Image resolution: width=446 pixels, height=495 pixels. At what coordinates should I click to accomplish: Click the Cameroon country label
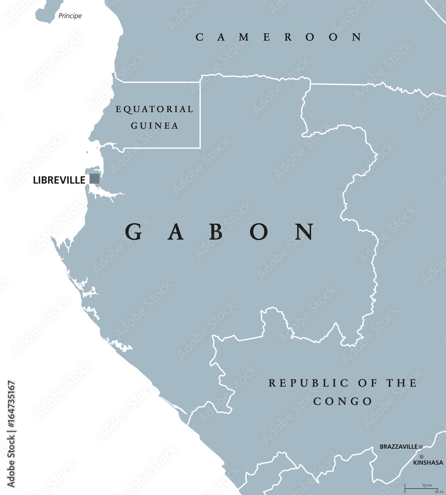coord(279,37)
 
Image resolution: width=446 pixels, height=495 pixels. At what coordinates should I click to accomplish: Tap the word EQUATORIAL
coord(154,109)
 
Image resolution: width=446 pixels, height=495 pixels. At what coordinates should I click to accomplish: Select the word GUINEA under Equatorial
coord(154,126)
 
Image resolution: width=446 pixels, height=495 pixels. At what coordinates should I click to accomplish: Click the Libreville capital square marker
coord(94,179)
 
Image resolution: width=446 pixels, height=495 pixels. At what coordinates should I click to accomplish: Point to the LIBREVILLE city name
coord(59,180)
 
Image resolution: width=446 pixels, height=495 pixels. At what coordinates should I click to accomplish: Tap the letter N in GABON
coord(305,232)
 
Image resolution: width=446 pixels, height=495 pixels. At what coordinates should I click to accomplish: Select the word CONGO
coord(342,401)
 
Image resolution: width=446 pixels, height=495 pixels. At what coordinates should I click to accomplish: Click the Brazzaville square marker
coord(421,447)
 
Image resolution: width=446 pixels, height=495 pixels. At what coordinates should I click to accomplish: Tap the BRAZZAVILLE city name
coord(399,447)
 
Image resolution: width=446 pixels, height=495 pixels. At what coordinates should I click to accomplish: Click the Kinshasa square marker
coord(421,457)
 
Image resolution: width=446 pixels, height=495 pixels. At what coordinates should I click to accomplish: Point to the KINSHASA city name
coord(428,463)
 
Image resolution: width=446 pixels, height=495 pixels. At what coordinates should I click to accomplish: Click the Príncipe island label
coord(70,16)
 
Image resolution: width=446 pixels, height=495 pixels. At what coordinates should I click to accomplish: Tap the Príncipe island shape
coord(46,12)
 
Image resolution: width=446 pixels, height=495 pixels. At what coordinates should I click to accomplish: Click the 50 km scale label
coord(427,486)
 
